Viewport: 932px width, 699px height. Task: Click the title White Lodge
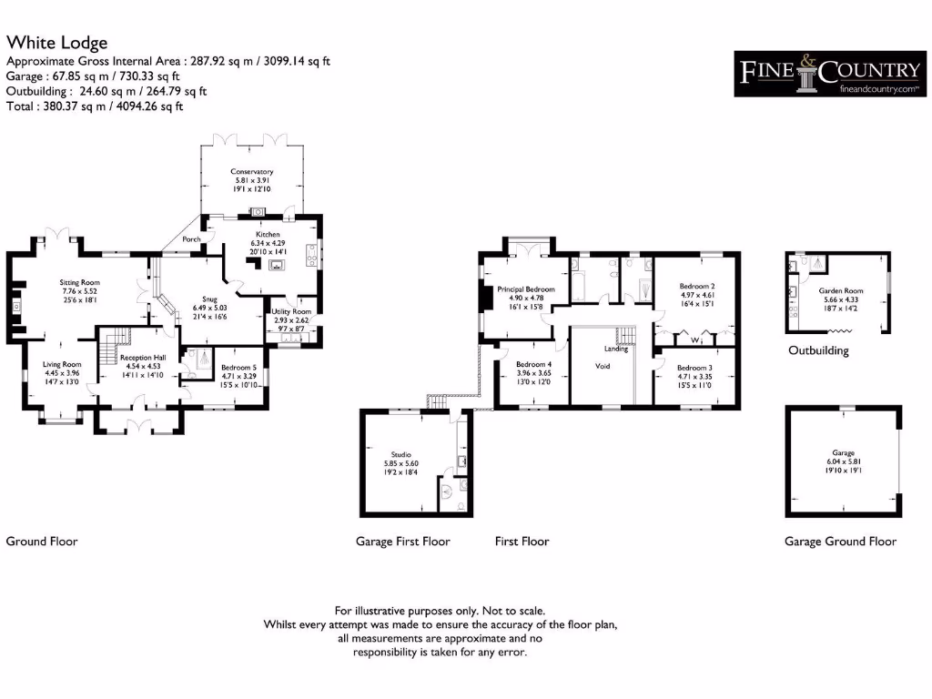(x=56, y=43)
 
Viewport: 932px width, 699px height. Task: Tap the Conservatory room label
(x=252, y=171)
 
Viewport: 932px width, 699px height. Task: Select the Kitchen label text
(x=267, y=234)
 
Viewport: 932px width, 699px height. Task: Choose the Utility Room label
(x=292, y=312)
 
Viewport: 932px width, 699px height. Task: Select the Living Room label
(x=62, y=364)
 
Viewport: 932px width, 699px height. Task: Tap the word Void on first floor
(x=603, y=366)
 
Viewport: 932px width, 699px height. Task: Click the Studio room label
(x=402, y=454)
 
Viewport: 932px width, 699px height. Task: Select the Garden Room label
(x=840, y=291)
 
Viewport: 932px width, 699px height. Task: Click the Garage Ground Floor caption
(x=840, y=542)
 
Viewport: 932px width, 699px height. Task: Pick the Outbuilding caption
(x=819, y=350)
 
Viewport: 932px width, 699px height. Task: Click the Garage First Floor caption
(x=402, y=542)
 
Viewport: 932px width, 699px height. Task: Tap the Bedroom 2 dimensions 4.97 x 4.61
(x=698, y=295)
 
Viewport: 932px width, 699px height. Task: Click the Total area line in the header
(x=95, y=106)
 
